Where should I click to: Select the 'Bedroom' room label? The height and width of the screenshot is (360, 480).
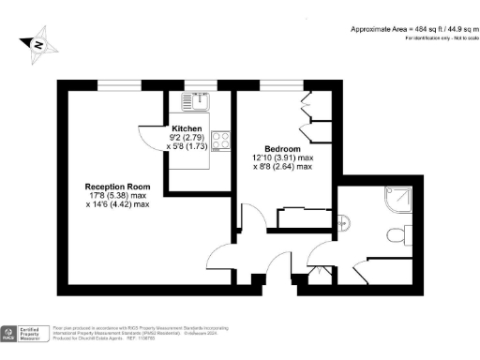pos(283,149)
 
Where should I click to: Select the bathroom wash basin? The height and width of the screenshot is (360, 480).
pos(343,222)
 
